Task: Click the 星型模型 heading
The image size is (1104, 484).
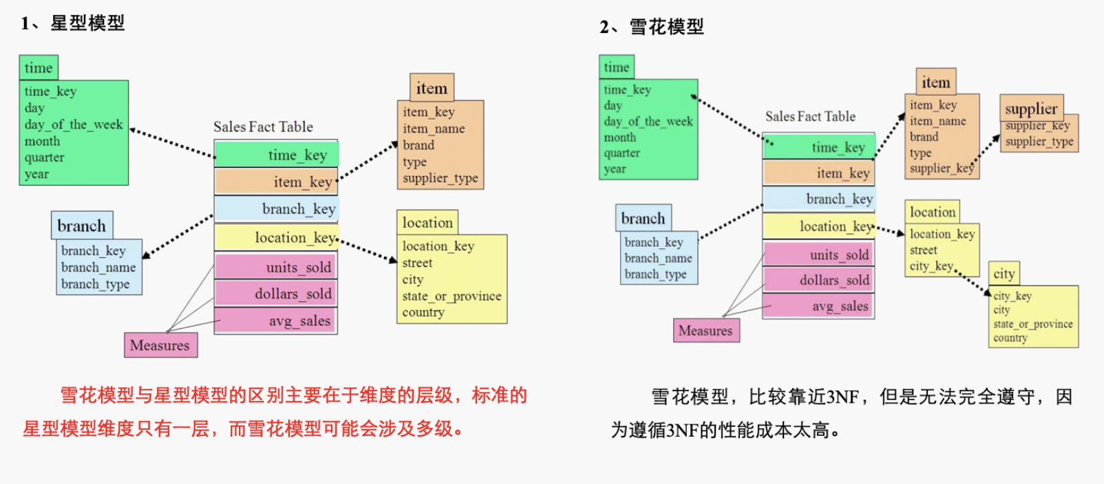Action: point(87,23)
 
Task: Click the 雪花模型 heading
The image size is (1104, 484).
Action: point(666,27)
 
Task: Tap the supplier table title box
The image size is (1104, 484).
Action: point(1030,109)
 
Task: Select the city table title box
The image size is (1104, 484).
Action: point(1004,274)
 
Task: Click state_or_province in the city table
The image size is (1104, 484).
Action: point(1032,324)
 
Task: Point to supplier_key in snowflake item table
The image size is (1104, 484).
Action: point(941,168)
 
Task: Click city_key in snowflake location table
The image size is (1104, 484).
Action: point(931,266)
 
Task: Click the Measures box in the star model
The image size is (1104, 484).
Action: point(160,345)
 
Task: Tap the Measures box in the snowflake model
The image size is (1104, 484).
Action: point(705,331)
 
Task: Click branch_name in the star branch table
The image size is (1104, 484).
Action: point(98,267)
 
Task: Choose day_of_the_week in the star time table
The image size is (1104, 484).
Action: point(74,124)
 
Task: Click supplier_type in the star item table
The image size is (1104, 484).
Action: point(440,178)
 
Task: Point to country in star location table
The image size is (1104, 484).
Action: point(423,312)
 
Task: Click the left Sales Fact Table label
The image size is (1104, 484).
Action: point(263,127)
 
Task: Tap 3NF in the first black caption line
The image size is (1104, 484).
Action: point(842,397)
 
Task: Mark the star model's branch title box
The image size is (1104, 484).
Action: point(81,225)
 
